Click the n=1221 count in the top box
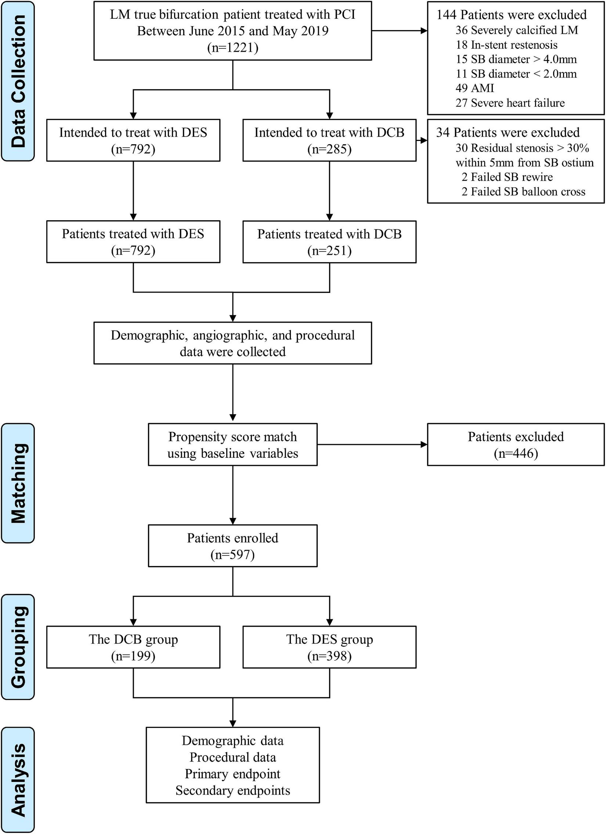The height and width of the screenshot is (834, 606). pyautogui.click(x=232, y=48)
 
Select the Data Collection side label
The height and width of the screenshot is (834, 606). pyautogui.click(x=18, y=81)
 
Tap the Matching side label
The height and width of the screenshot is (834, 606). pyautogui.click(x=18, y=483)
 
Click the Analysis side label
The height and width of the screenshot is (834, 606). pyautogui.click(x=18, y=780)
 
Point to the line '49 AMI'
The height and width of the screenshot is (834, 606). pyautogui.click(x=475, y=88)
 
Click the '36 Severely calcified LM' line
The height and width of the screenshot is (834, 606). pyautogui.click(x=517, y=30)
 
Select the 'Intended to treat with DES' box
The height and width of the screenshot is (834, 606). pyautogui.click(x=133, y=140)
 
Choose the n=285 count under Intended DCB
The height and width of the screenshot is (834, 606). pyautogui.click(x=329, y=149)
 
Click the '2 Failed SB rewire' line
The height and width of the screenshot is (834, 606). pyautogui.click(x=507, y=177)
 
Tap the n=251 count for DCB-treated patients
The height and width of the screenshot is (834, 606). pyautogui.click(x=329, y=251)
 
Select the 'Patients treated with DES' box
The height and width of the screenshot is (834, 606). pyautogui.click(x=133, y=242)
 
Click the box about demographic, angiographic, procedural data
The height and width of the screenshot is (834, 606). pyautogui.click(x=232, y=343)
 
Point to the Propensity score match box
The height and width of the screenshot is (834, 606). pyautogui.click(x=232, y=445)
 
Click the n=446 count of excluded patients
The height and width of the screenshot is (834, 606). pyautogui.click(x=516, y=453)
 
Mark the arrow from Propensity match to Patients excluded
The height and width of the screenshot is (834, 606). pyautogui.click(x=372, y=445)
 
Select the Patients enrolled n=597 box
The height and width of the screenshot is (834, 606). pyautogui.click(x=232, y=546)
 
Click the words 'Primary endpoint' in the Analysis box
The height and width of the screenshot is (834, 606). pyautogui.click(x=232, y=774)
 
